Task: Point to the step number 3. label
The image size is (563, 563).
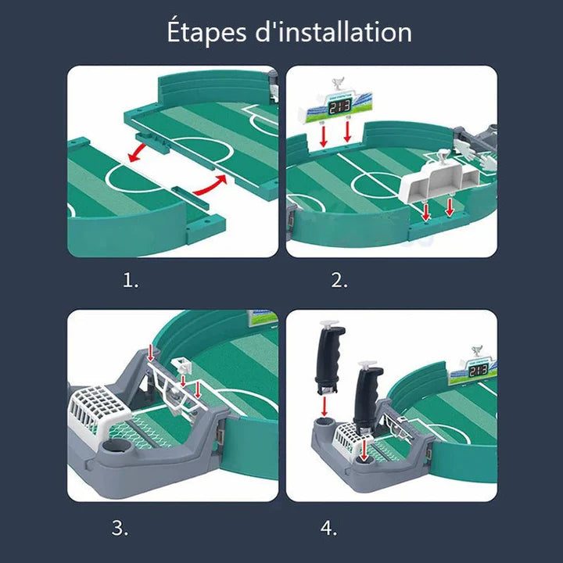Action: (x=120, y=528)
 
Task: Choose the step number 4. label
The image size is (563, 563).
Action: (x=328, y=528)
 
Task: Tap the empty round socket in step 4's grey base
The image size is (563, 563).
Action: (x=324, y=429)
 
